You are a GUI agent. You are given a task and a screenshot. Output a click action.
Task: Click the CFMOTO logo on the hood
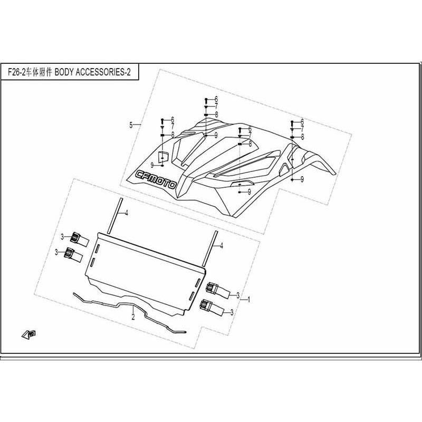[156, 180]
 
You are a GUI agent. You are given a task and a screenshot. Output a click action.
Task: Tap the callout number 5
[131, 125]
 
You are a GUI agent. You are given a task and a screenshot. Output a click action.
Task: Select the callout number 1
[249, 299]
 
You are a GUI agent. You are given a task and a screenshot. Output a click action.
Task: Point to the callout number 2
[133, 317]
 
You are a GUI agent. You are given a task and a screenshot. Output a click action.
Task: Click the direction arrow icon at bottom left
[29, 334]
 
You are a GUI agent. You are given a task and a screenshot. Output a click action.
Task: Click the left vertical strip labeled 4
[114, 216]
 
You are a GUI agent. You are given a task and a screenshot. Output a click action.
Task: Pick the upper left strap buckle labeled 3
[80, 239]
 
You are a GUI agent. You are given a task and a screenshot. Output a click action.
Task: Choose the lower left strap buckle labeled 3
[73, 255]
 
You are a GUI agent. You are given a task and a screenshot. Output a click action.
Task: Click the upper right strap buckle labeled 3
[218, 291]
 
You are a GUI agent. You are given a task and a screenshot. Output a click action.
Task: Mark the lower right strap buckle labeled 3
[212, 307]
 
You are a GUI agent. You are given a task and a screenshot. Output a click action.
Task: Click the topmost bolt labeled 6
[206, 100]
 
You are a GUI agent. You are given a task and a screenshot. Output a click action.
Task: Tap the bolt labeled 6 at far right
[292, 123]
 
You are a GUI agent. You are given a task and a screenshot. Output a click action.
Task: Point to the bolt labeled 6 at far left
[162, 120]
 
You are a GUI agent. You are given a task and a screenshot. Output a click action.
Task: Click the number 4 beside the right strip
[222, 246]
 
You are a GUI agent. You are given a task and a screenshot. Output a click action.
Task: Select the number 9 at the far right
[302, 179]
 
